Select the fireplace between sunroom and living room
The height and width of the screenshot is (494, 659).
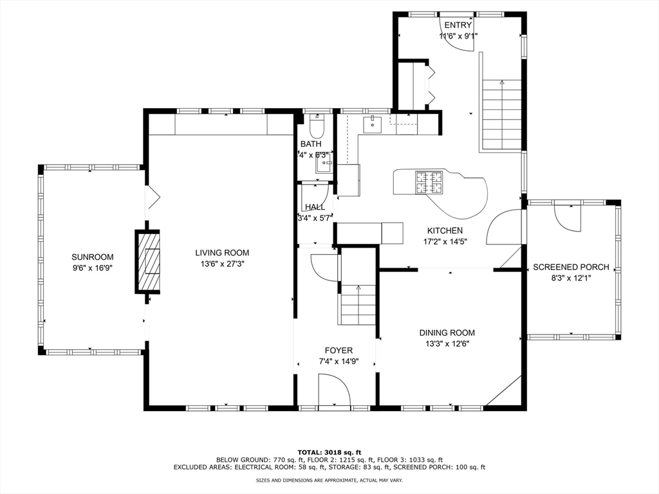pyautogui.click(x=147, y=262)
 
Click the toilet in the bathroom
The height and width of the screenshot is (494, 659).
pyautogui.click(x=317, y=122)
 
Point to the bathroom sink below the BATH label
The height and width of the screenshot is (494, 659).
pyautogui.click(x=323, y=165)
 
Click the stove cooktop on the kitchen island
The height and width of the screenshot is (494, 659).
pyautogui.click(x=429, y=182)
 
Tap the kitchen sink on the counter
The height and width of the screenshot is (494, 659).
pyautogui.click(x=373, y=124)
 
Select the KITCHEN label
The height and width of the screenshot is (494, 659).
pyautogui.click(x=445, y=230)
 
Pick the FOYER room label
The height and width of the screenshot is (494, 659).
pyautogui.click(x=339, y=351)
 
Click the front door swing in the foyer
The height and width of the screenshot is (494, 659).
pyautogui.click(x=335, y=391)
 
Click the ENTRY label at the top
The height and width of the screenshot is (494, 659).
pyautogui.click(x=458, y=26)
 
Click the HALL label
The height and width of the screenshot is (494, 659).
pyautogui.click(x=315, y=207)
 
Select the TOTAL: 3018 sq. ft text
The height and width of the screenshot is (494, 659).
pyautogui.click(x=329, y=452)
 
